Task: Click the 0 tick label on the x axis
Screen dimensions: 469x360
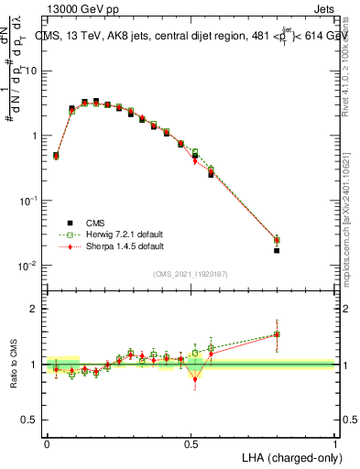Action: pos(47,443)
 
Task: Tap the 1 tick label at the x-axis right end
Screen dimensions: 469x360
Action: pos(334,443)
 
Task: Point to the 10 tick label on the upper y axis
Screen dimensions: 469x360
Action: pos(33,71)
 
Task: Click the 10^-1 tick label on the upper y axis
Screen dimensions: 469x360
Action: pos(31,201)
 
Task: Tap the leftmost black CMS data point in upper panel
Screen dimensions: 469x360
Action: pos(56,155)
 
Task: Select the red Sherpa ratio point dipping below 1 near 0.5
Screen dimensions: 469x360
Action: pos(195,378)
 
